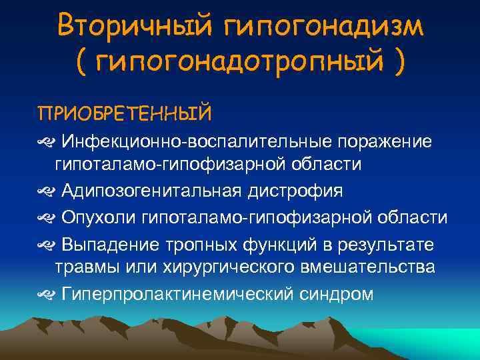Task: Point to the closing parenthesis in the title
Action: (398, 64)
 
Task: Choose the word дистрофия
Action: (295, 191)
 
